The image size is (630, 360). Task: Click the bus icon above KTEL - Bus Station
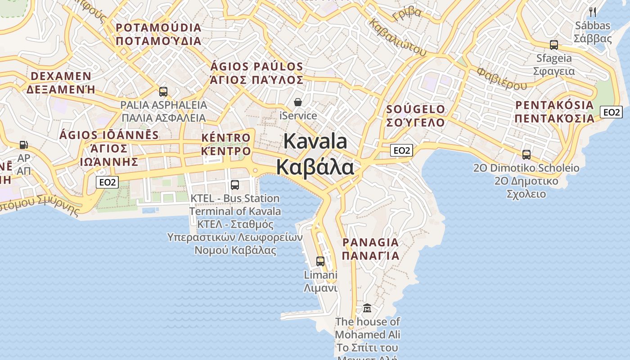coord(234,184)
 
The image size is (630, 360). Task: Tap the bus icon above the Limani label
coord(320,261)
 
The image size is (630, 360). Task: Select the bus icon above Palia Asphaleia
coord(163,92)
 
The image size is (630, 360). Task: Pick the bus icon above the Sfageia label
coord(553,45)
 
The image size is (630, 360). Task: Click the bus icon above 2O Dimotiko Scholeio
coord(526,155)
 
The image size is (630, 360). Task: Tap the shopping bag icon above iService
coord(297,103)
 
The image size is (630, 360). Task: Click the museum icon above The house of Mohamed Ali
coord(367,308)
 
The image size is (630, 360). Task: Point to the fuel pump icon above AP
coord(23,145)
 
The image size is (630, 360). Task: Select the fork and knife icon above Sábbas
coord(593,12)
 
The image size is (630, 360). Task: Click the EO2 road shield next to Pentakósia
coord(611,112)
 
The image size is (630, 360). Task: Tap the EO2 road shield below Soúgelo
coord(401,150)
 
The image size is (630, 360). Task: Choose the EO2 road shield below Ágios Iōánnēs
coord(108,182)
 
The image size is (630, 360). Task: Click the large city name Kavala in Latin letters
coord(315,141)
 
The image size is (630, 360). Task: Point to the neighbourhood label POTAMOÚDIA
coord(158,28)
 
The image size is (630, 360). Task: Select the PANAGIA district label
coord(370,243)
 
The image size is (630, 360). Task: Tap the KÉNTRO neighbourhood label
coord(226,138)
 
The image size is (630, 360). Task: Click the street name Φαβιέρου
coord(502,78)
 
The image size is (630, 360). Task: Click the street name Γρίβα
coord(407,13)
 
